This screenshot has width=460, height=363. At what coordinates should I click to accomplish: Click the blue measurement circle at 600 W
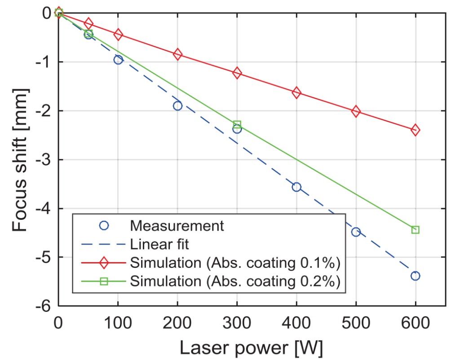pyautogui.click(x=415, y=276)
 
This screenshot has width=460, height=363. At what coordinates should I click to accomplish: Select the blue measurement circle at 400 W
pyautogui.click(x=296, y=187)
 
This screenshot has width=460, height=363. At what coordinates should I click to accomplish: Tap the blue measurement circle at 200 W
pyautogui.click(x=177, y=105)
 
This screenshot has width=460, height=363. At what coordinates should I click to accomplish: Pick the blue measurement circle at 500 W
pyautogui.click(x=356, y=232)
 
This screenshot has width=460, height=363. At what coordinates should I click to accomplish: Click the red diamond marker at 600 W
pyautogui.click(x=415, y=130)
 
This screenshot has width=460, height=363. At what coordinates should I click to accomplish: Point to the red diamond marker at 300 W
pyautogui.click(x=237, y=73)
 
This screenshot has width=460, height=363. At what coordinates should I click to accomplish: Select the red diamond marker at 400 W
pyautogui.click(x=296, y=93)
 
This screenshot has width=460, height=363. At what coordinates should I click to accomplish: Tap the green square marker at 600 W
pyautogui.click(x=415, y=230)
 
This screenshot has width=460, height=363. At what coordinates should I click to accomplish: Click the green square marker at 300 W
pyautogui.click(x=237, y=124)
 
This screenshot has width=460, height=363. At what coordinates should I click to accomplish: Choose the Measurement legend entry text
pyautogui.click(x=177, y=225)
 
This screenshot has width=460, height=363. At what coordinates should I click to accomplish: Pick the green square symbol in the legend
pyautogui.click(x=104, y=281)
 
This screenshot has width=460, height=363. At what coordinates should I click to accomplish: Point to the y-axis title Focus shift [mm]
pyautogui.click(x=20, y=160)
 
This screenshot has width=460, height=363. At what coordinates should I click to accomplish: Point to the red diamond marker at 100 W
pyautogui.click(x=118, y=34)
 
